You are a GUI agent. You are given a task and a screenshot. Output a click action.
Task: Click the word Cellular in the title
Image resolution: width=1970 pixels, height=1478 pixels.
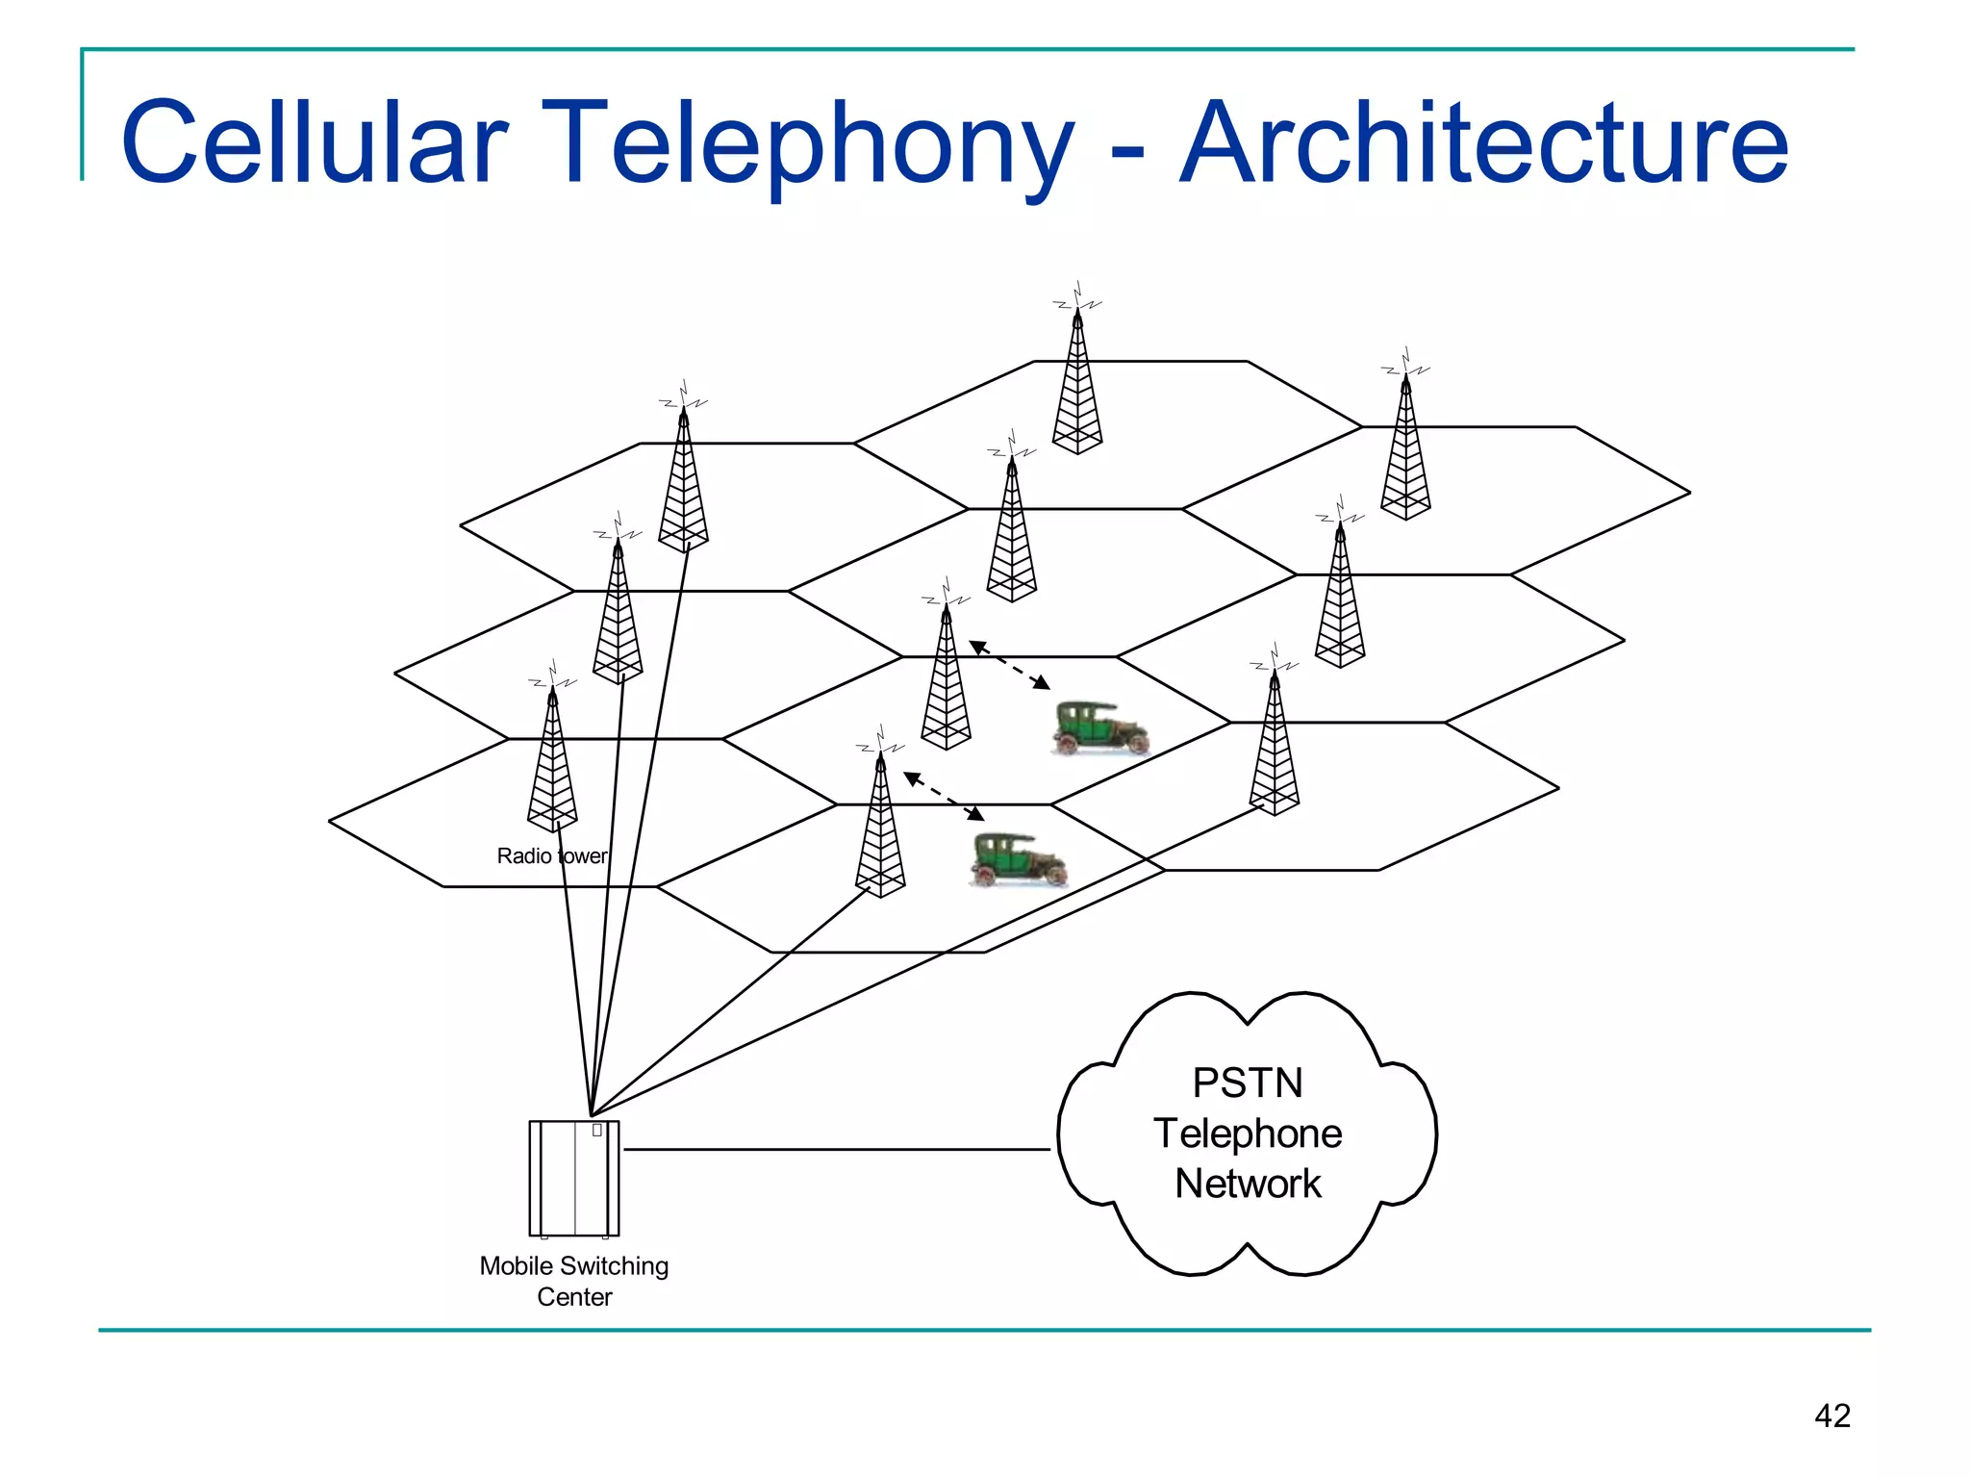coord(314,141)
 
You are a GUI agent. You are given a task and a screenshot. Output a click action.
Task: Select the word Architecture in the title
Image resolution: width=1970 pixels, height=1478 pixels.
coord(1483,141)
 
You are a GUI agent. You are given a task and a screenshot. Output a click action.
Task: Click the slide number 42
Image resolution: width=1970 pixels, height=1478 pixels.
coord(1831,1415)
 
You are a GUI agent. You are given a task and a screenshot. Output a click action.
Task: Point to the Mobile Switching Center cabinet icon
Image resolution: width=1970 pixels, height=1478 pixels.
coord(574,1179)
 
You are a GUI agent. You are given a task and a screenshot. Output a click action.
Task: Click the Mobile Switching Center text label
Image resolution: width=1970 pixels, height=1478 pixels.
coord(574,1281)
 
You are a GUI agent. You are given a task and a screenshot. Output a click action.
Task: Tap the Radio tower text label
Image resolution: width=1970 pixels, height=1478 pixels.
coord(551,855)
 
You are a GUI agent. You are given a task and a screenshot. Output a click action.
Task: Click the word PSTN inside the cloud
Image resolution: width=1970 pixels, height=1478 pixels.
coord(1248,1083)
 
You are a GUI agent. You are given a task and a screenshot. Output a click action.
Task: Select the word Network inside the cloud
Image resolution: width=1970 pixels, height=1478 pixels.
coord(1248,1184)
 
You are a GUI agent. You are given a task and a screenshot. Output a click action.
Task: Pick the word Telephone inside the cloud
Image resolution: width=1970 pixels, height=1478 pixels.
coord(1248,1134)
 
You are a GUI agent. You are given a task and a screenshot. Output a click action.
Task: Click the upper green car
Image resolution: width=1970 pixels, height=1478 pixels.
coord(1100,728)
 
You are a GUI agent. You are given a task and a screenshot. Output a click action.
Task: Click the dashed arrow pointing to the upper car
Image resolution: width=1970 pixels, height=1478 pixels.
coord(1009,665)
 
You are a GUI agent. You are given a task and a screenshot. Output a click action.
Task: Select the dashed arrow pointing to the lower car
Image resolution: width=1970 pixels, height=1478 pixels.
coord(944,796)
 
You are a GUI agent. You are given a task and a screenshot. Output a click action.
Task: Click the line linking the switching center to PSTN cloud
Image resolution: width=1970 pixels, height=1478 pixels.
coord(837,1149)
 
